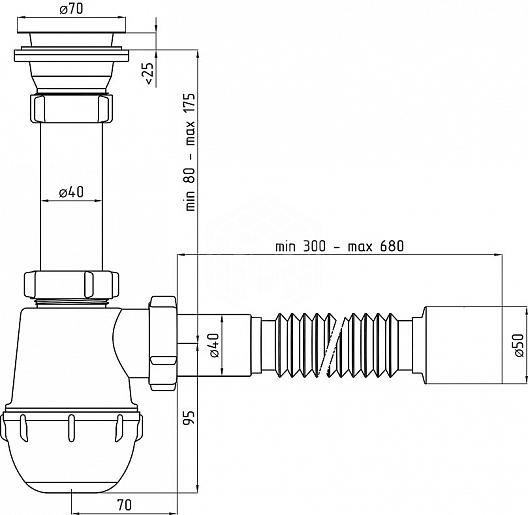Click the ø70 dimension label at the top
(71, 9)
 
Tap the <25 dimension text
(149, 73)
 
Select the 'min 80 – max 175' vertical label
(190, 152)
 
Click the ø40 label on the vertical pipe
(71, 192)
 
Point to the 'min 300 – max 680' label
(339, 246)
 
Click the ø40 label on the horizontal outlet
(214, 345)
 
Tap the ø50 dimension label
(519, 345)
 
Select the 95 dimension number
(190, 417)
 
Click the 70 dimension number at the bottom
(124, 505)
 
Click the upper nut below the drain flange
(71, 108)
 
